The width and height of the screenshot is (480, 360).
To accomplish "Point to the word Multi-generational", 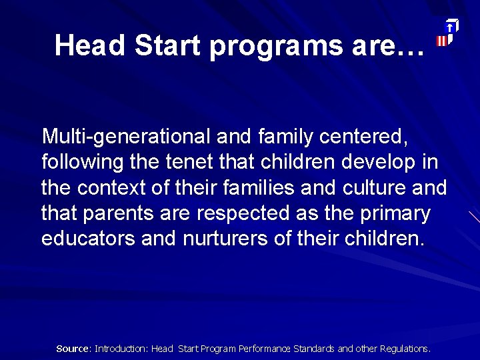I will click(126, 137).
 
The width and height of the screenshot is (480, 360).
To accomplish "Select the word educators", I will click(89, 239).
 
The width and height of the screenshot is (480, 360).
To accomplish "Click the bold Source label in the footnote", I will click(73, 349).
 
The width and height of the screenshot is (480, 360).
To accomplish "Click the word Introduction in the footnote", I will click(121, 349).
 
